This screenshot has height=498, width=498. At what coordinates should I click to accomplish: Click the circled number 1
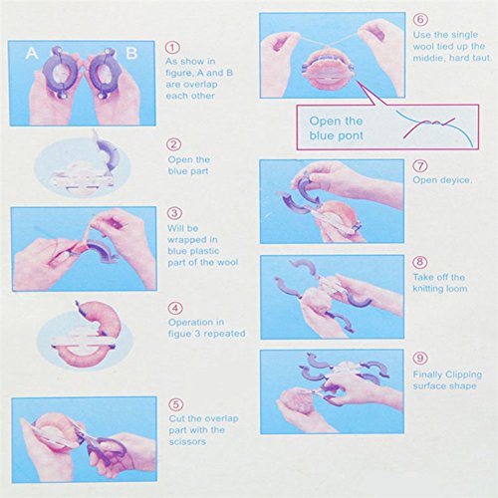(x=172, y=48)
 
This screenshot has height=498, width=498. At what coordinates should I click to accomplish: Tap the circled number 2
(x=174, y=144)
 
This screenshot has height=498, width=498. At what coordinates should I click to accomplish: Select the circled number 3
(x=174, y=213)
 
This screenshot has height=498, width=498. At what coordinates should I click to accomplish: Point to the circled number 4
(x=175, y=309)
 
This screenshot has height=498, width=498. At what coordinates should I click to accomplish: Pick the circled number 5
(x=176, y=404)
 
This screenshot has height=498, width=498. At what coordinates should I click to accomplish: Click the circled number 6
(x=420, y=19)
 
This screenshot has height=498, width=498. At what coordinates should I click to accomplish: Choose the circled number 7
(x=420, y=165)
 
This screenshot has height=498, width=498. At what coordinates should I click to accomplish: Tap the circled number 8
(x=420, y=262)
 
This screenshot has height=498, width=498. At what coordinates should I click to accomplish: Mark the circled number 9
(x=420, y=358)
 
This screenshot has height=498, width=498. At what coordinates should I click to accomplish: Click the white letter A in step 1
(x=32, y=53)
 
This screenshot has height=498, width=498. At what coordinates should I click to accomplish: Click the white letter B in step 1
(x=131, y=53)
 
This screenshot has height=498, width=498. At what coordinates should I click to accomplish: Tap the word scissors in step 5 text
(x=187, y=442)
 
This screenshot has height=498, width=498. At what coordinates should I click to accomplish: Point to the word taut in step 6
(x=482, y=58)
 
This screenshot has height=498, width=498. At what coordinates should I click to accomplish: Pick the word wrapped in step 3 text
(x=192, y=240)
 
